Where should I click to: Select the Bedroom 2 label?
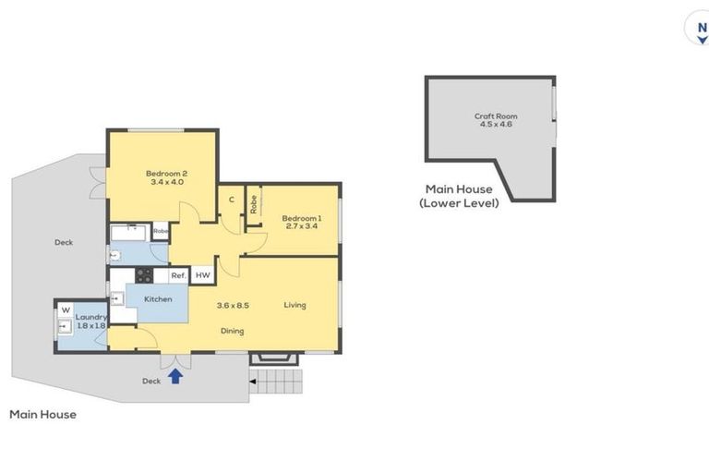click(166, 176)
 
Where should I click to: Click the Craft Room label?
click(496, 120)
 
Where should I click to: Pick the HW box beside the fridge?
click(202, 275)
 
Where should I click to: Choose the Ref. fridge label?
click(178, 275)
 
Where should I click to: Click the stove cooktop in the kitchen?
click(144, 274)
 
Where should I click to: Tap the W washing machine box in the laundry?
click(66, 309)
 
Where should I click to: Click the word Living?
click(294, 305)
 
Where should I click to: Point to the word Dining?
click(233, 331)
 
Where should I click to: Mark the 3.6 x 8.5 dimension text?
click(234, 305)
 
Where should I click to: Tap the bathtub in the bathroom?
click(129, 231)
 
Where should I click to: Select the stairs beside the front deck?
click(277, 380)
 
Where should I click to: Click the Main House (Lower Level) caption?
click(459, 196)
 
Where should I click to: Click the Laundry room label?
click(91, 321)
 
